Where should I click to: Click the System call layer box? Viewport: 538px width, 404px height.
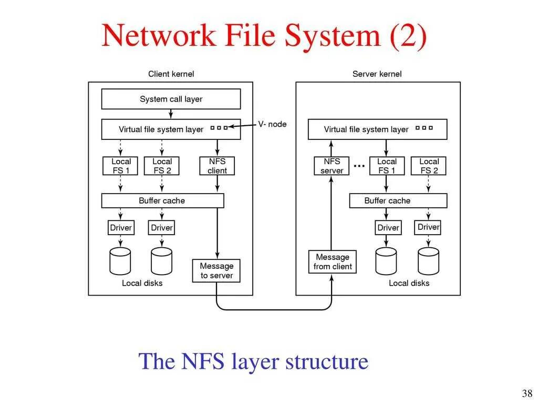coord(171,99)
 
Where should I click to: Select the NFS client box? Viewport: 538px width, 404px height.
coord(217,166)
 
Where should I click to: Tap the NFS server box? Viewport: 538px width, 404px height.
coord(332,166)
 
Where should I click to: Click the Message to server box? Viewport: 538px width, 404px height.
coord(216,271)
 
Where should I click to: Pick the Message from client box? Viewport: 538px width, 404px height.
coord(333,262)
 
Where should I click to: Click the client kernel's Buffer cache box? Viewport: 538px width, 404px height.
coord(163,200)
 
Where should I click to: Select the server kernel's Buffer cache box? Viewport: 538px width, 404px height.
coord(398,200)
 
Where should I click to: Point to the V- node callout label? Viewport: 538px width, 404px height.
coord(273,124)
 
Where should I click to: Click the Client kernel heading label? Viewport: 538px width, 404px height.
coord(171,74)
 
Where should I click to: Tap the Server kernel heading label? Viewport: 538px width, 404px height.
coord(377,74)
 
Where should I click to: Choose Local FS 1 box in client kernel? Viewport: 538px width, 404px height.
coord(120,166)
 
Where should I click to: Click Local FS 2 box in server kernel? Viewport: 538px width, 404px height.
coord(429,166)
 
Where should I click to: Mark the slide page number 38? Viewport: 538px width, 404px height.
coord(527,393)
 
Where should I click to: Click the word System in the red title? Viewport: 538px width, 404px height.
coord(333,36)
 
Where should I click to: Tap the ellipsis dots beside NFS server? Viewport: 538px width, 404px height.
coord(359,166)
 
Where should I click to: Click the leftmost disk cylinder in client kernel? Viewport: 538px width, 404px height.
coord(120,261)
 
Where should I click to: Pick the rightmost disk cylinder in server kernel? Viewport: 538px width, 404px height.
coord(429,261)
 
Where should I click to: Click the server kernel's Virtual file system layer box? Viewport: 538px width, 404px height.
coord(377,129)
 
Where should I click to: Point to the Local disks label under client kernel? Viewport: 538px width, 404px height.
coord(142,283)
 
